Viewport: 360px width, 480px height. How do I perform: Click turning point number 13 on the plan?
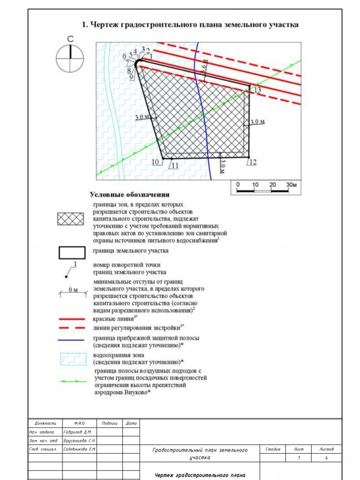pos(257,90)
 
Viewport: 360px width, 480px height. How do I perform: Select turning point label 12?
pos(252,162)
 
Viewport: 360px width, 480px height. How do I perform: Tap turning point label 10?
pos(156,162)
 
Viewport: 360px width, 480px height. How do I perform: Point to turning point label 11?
pos(174,165)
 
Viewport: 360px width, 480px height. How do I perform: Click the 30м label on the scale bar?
pos(291,184)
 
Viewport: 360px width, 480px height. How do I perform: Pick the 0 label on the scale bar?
pos(238,184)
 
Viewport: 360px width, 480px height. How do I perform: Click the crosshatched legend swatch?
pos(71,219)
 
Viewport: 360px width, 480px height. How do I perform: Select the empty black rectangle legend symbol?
pos(71,252)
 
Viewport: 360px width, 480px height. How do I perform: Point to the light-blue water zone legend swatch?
pos(71,359)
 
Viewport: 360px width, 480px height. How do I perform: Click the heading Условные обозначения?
pos(129,195)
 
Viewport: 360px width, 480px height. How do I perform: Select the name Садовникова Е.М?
pos(79,450)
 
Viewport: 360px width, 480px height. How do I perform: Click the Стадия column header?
pos(273,449)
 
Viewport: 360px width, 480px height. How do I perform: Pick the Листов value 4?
pos(326,458)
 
